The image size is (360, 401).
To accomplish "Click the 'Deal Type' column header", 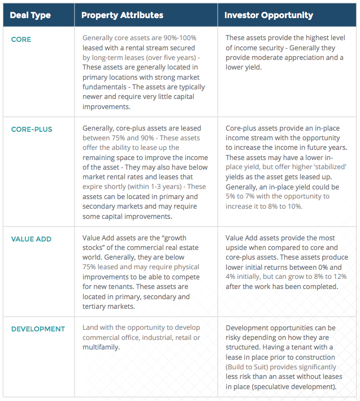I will coord(31,15).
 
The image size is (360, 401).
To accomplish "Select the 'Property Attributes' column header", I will coord(122,15).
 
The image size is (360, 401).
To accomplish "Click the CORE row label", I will coord(21,40).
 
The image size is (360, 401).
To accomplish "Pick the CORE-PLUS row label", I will coord(32,130).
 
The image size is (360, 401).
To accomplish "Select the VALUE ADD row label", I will coord(31,239).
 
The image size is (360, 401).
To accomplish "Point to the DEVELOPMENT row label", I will coord(38,329).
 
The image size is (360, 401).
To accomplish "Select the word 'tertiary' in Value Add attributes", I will coord(98,307).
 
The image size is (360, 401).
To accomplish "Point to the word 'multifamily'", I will coord(102,347).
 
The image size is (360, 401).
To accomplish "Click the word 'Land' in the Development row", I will coord(91,328).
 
